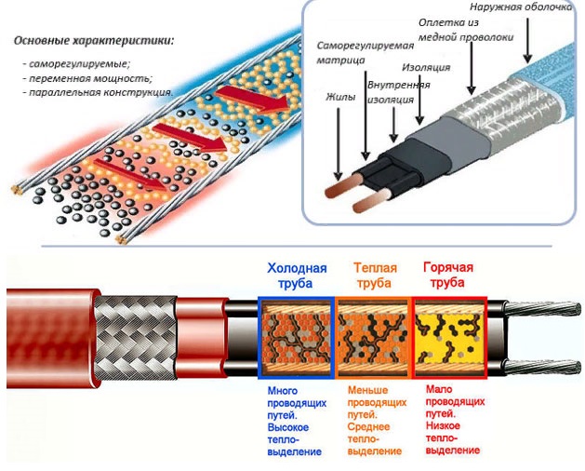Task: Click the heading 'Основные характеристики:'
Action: [94, 41]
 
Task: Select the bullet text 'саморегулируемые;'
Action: [80, 63]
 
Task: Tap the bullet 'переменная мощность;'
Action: [90, 78]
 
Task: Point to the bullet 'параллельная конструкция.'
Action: [100, 92]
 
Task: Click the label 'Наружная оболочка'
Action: [521, 7]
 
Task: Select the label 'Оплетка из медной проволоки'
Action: [466, 30]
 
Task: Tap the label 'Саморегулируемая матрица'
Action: [366, 53]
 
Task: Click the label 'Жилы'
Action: [340, 97]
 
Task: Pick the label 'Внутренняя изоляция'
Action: [398, 92]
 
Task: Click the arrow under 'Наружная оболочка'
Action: [527, 40]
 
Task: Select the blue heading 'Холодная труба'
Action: [297, 276]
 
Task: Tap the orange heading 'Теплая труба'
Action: [374, 276]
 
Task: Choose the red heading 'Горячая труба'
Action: [448, 275]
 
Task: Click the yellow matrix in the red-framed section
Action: [449, 338]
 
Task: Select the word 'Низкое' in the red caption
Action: [443, 425]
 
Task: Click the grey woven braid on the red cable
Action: [135, 338]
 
